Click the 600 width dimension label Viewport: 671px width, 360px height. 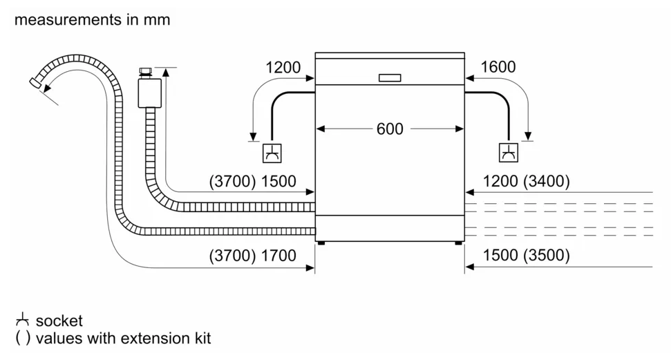coord(390,129)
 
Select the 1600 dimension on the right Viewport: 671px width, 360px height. coord(498,67)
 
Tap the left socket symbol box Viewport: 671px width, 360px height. coord(272,153)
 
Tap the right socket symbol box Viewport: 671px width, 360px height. coord(509,153)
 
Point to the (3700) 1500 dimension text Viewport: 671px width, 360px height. coord(252,182)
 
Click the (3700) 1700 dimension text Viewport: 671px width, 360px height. coord(252,256)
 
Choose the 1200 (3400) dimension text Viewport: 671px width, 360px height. coord(527,181)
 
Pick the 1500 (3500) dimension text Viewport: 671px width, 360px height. coord(527,255)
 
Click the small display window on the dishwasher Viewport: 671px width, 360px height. coord(390,77)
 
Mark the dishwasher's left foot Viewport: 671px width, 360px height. coord(321,243)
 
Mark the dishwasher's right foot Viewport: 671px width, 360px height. coord(458,243)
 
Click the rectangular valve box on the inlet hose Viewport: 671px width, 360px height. coord(150,93)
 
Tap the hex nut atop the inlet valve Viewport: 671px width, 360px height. coord(146,71)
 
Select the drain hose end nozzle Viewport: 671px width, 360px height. coord(35,84)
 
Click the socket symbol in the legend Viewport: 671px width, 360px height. coord(22,320)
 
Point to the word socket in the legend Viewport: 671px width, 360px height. coord(59,321)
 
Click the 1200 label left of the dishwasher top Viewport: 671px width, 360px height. coord(283,67)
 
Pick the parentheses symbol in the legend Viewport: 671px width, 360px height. coord(23,338)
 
